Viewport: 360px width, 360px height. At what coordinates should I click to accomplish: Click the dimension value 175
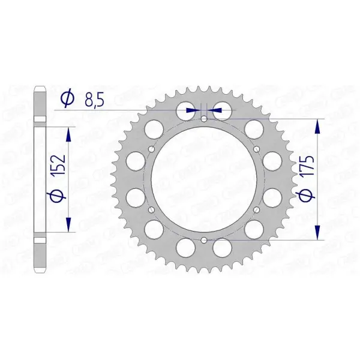[x=307, y=166]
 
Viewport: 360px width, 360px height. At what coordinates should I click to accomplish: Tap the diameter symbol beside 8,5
[x=67, y=99]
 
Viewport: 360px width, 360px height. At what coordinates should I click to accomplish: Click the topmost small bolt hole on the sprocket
[x=204, y=119]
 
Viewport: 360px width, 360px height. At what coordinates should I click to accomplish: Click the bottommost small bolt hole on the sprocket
[x=204, y=241]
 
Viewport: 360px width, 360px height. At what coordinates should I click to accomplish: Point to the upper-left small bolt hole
[x=152, y=149]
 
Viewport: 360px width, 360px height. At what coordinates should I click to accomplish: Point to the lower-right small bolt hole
[x=257, y=209]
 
